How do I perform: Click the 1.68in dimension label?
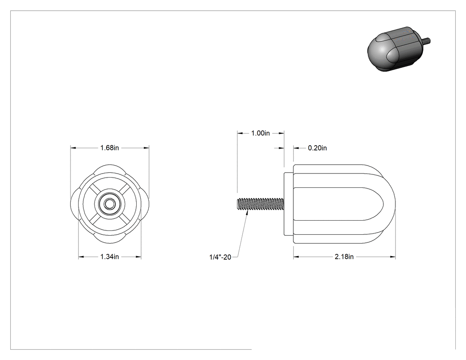(x=110, y=148)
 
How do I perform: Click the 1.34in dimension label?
(x=110, y=257)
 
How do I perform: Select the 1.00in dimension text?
(x=261, y=133)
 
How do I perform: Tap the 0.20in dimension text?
(x=317, y=148)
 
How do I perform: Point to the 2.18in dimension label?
(x=344, y=257)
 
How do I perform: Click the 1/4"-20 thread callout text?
(x=220, y=257)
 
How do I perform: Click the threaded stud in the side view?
(x=261, y=204)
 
